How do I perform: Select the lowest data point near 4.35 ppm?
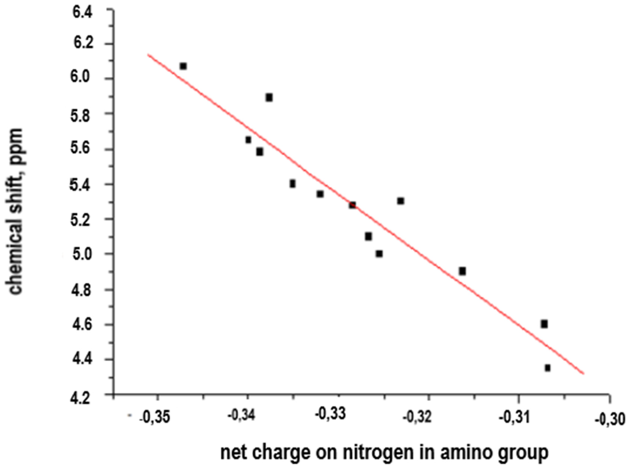click(x=548, y=368)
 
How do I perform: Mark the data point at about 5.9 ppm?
click(x=269, y=98)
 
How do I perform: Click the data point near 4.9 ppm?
click(x=462, y=271)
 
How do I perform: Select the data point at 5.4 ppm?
click(x=293, y=184)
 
